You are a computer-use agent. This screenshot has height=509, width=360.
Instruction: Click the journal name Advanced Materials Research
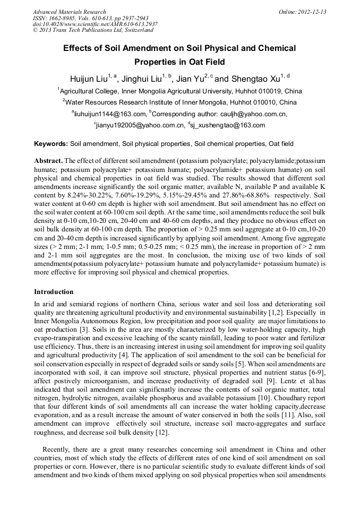(69, 12)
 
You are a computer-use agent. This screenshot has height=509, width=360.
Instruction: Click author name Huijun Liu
(88, 79)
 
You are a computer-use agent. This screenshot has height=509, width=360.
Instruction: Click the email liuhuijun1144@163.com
(110, 114)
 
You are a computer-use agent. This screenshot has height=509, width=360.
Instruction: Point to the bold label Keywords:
(51, 144)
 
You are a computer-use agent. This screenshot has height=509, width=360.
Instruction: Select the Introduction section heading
(54, 292)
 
